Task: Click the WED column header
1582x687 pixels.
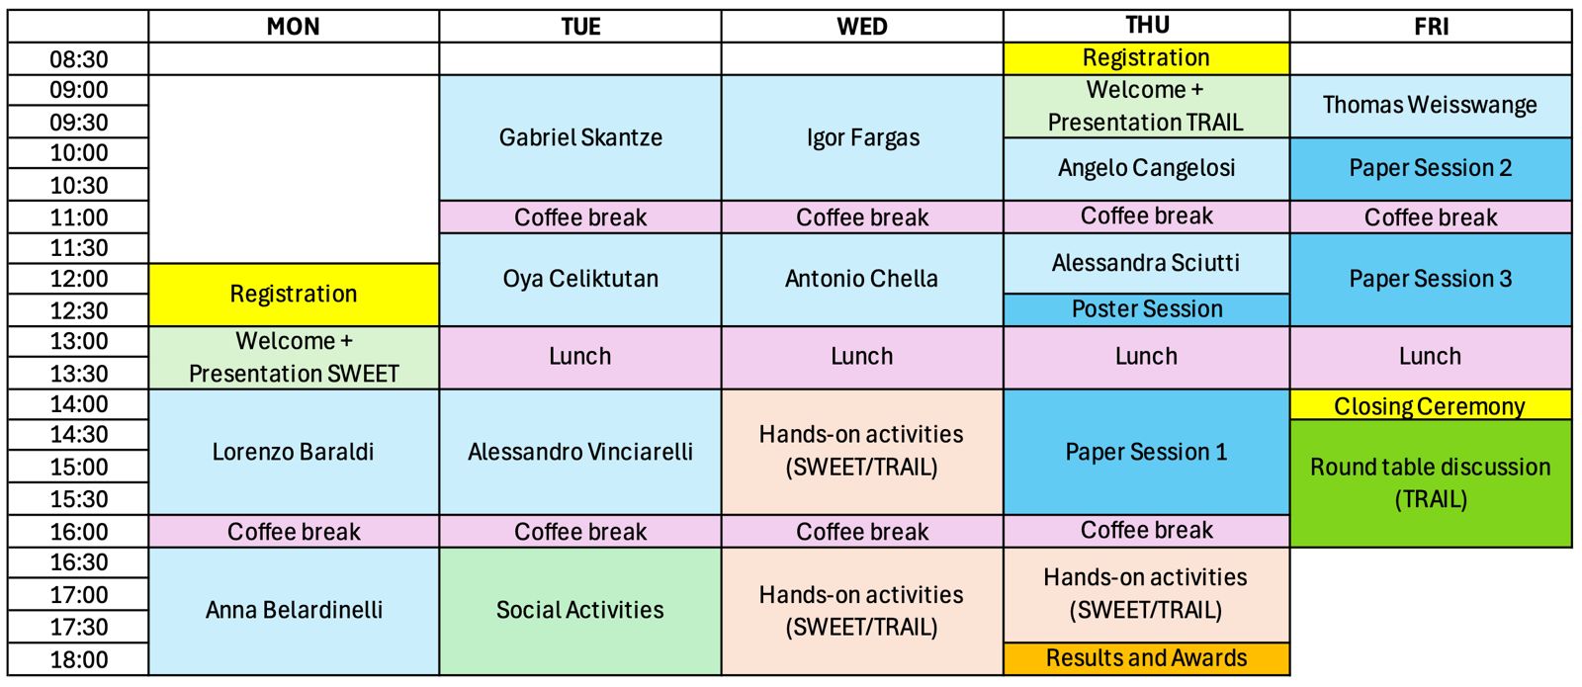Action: tap(862, 27)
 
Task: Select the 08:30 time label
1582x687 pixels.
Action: tap(79, 59)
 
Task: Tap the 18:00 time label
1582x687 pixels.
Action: tap(79, 659)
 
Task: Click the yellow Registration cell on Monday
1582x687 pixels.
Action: tap(294, 294)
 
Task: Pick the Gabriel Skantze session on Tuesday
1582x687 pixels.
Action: tap(580, 137)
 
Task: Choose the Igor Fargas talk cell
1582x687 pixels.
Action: tap(862, 137)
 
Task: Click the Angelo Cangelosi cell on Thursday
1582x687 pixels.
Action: tap(1146, 168)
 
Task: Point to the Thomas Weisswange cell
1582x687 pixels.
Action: tap(1430, 105)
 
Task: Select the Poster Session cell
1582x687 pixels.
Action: tap(1146, 309)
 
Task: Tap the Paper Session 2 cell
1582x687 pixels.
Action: tap(1430, 168)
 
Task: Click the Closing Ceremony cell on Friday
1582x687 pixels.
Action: tap(1430, 405)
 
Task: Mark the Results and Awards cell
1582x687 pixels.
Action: tap(1146, 658)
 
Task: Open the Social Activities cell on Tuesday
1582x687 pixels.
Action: tap(580, 610)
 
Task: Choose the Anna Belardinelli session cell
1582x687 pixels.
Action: tap(294, 610)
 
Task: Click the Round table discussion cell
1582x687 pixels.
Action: tap(1430, 482)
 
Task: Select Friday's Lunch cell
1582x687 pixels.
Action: tap(1430, 357)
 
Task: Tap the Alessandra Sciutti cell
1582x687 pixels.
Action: tap(1146, 263)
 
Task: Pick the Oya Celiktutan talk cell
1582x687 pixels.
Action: tap(580, 279)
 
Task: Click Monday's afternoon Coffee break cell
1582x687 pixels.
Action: tap(294, 532)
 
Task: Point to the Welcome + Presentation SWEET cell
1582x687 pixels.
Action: tap(294, 357)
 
